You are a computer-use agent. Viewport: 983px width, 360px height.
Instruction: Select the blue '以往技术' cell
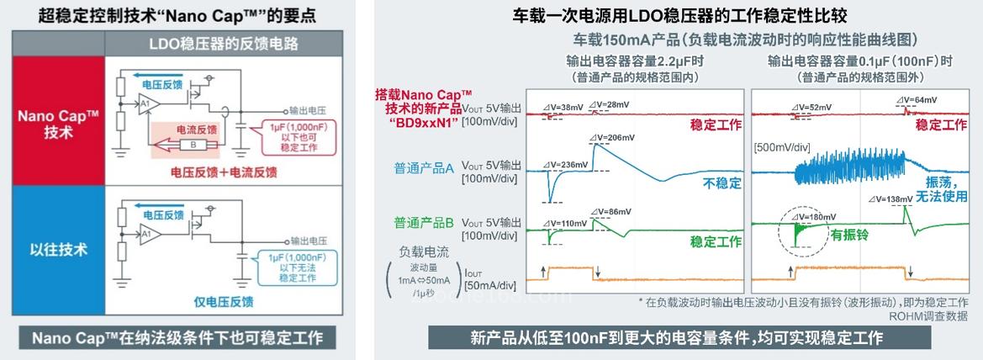click(57, 250)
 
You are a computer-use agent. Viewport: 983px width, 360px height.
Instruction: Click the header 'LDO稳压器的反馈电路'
click(222, 44)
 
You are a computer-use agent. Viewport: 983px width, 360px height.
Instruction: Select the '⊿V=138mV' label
click(890, 199)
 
